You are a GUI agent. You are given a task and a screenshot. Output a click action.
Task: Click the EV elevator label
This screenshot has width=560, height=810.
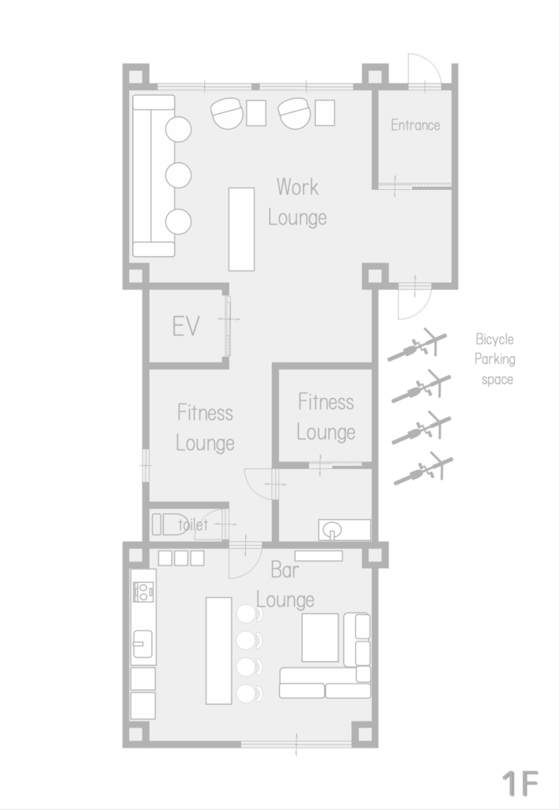pos(186,327)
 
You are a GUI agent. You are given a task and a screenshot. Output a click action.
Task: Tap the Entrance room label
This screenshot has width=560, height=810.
pos(415,125)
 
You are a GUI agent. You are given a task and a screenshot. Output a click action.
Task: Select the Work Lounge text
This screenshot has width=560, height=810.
pos(297,202)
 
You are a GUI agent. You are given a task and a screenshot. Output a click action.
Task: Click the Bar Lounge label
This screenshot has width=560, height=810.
pos(286,585)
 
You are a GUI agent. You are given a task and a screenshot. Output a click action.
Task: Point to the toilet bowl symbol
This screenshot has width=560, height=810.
pos(171,524)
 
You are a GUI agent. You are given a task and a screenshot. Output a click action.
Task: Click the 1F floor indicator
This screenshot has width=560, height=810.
pos(520,784)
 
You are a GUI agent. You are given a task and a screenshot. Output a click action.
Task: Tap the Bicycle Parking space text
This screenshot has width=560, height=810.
pos(495,359)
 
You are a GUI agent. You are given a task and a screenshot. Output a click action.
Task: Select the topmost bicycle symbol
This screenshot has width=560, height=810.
pos(418,344)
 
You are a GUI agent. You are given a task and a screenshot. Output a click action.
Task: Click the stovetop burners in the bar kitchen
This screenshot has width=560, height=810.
pos(143,592)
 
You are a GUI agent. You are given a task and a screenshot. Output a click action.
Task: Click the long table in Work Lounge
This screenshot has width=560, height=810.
pos(241,229)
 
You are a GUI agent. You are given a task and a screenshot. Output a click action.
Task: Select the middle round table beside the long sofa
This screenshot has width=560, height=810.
pos(178,175)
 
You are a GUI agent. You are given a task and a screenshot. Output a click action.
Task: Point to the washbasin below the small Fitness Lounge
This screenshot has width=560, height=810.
pos(331,529)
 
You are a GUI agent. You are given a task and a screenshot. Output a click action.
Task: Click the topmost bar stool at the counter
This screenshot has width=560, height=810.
pos(249,614)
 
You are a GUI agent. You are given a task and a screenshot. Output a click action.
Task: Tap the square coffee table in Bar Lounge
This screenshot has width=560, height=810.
pos(320,638)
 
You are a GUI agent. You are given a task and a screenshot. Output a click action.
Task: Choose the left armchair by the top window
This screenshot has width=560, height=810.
pos(227,113)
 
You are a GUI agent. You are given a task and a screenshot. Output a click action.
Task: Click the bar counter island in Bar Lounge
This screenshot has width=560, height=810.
pos(218,650)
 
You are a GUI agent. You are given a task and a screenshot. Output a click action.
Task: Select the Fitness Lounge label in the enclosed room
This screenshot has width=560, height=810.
pos(326,417)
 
